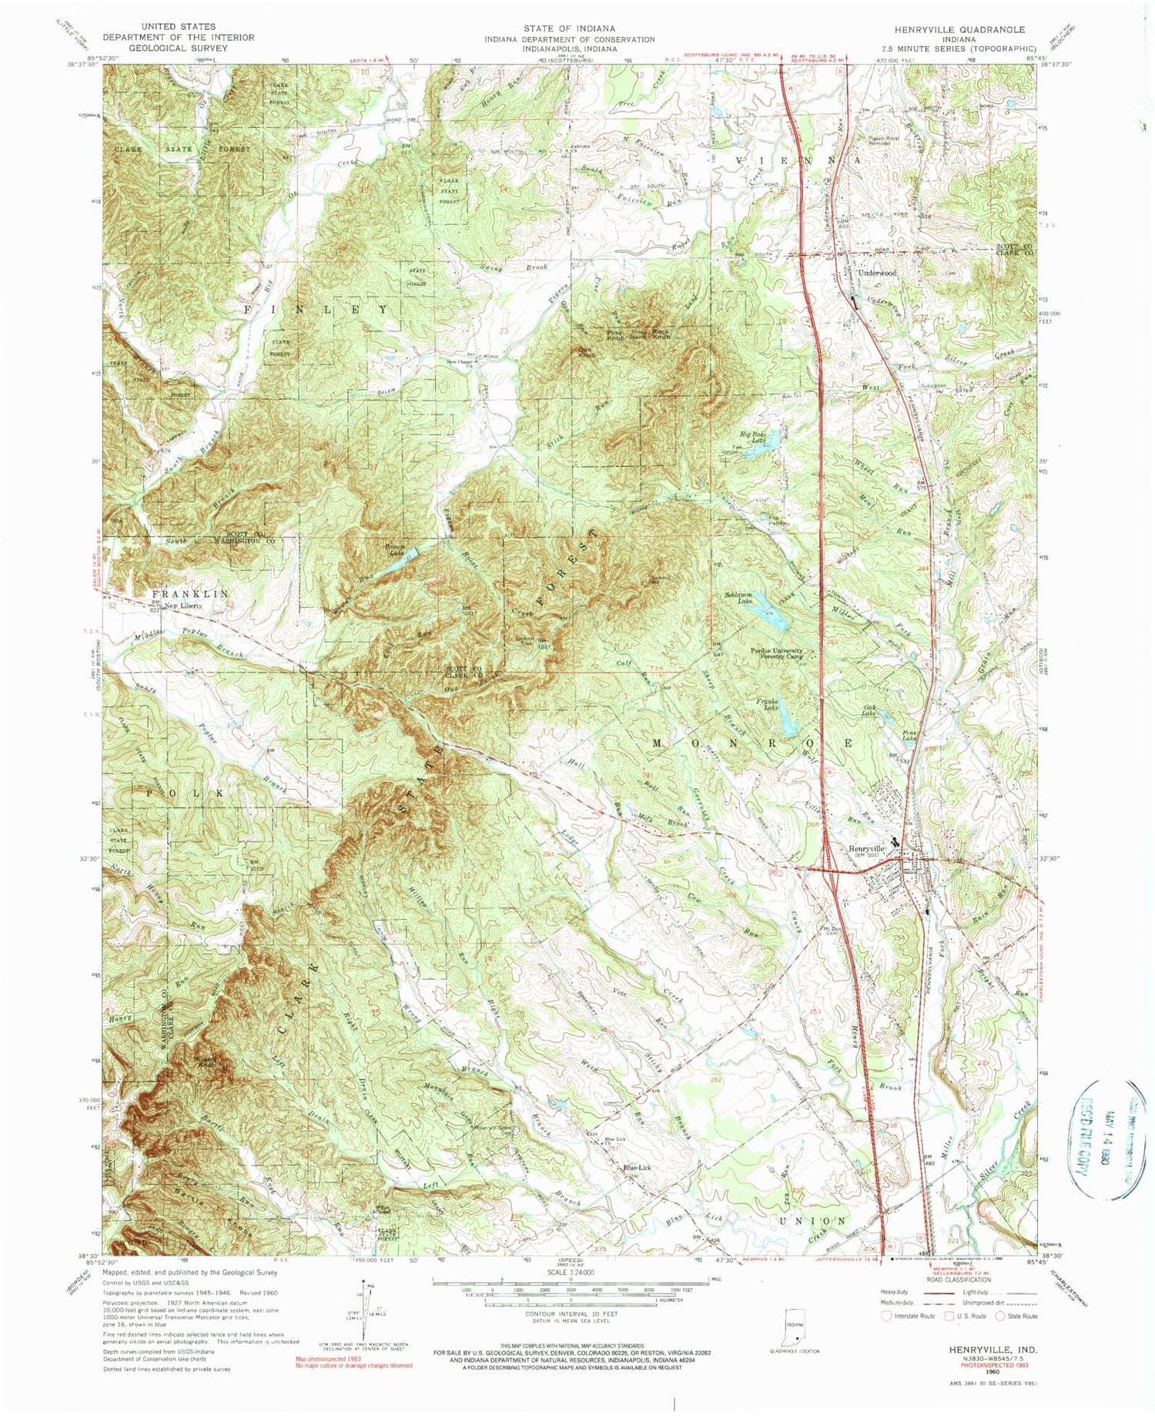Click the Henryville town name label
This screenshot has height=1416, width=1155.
point(867,849)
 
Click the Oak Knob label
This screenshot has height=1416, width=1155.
point(587,353)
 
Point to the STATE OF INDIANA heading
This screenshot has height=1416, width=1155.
point(570,29)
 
